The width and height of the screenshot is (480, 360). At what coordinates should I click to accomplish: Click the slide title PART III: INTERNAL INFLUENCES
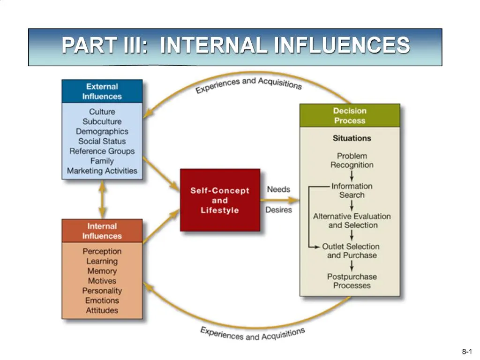click(x=235, y=46)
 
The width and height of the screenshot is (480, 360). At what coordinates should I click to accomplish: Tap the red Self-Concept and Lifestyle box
click(x=220, y=200)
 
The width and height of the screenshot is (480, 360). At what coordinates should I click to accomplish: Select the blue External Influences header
click(x=102, y=91)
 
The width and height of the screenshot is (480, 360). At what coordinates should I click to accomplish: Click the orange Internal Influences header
click(x=102, y=231)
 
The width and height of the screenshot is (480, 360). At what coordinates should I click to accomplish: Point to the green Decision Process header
click(x=350, y=116)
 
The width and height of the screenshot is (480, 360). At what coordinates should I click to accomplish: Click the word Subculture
click(x=102, y=121)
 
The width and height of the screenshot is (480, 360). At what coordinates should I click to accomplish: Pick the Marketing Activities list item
click(x=102, y=171)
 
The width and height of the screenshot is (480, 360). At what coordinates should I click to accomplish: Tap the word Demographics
click(x=102, y=131)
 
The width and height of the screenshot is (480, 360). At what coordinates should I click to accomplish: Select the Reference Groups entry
click(x=102, y=151)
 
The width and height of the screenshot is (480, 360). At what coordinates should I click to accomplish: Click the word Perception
click(x=102, y=251)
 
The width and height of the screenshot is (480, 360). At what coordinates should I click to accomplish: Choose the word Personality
click(x=102, y=291)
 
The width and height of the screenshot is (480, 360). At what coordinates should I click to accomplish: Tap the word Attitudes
click(x=102, y=310)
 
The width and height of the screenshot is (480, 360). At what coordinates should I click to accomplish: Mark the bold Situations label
click(x=352, y=138)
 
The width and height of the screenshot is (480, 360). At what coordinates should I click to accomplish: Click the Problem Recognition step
click(x=352, y=160)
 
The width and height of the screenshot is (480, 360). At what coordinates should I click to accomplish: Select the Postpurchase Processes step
click(x=352, y=281)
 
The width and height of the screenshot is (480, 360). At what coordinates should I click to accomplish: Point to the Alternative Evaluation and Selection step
click(x=352, y=221)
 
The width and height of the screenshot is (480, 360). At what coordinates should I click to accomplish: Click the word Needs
click(x=278, y=189)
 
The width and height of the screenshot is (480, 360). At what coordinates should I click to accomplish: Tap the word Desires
click(x=278, y=210)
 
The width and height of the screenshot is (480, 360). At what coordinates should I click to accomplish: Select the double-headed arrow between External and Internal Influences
click(x=102, y=199)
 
